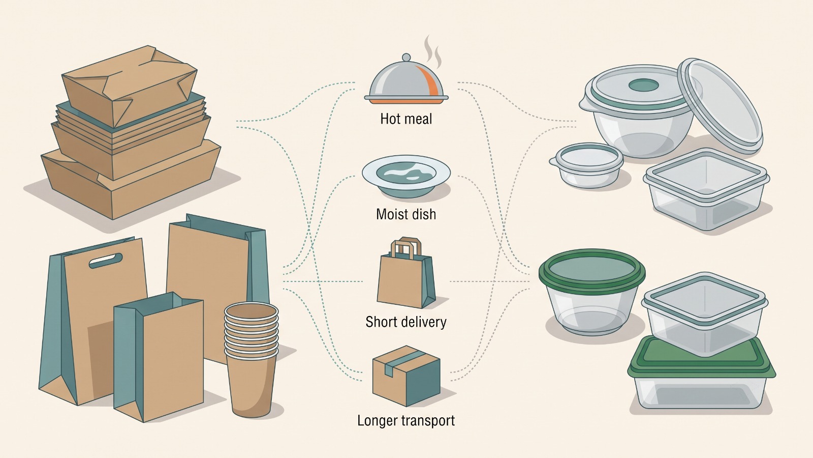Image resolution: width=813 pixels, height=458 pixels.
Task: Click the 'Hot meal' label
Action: (x=406, y=119)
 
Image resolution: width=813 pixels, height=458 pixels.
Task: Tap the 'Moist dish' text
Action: (x=406, y=214)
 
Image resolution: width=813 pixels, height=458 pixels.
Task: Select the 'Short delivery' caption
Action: (x=406, y=322)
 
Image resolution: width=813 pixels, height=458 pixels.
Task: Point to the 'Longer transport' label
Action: (x=406, y=420)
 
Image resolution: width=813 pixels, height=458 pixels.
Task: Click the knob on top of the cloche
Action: (x=407, y=58)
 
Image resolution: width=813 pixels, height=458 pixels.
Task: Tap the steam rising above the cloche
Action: (x=433, y=51)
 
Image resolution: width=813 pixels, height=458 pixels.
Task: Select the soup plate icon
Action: (x=406, y=177)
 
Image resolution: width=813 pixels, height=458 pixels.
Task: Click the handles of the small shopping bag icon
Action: (x=405, y=247)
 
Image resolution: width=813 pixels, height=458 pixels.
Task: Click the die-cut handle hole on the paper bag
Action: (x=106, y=260)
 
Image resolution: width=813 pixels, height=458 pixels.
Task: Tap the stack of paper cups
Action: (x=251, y=360)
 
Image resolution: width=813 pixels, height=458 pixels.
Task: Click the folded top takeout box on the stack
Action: (x=130, y=86)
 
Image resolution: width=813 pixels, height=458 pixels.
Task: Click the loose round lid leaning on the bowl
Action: (x=721, y=105)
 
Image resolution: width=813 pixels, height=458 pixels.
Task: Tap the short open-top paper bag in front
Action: (x=159, y=358)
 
